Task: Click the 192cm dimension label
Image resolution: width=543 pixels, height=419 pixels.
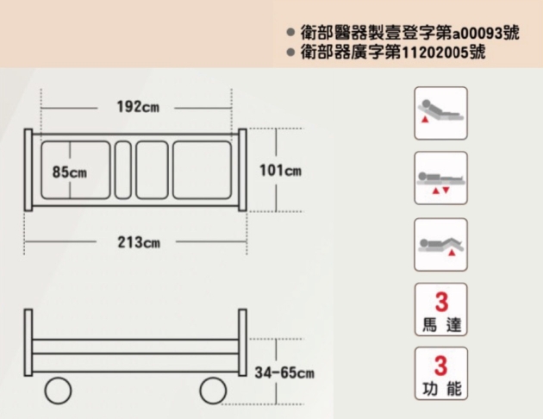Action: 138,107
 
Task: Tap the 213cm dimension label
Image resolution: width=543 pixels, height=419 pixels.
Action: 139,242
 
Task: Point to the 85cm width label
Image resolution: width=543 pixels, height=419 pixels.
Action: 70,172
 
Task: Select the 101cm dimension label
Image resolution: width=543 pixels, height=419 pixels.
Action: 280,171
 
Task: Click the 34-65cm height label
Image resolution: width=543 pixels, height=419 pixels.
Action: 284,372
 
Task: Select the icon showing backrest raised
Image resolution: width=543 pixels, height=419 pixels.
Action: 440,113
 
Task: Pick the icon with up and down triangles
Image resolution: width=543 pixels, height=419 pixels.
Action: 440,178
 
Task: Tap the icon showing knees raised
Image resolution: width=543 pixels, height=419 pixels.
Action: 440,245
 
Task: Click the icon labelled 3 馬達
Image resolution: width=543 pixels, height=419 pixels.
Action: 440,310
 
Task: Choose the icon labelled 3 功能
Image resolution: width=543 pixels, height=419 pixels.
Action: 440,373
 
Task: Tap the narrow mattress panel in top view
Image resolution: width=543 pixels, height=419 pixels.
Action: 123,170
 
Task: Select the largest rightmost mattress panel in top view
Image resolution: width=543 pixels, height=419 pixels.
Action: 202,170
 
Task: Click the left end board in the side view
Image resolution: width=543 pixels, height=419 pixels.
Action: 28,342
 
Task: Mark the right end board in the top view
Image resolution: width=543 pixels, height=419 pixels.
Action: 243,170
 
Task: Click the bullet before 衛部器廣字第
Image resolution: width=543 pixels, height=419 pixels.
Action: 290,53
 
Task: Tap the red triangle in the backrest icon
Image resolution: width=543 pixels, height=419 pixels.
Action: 425,120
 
